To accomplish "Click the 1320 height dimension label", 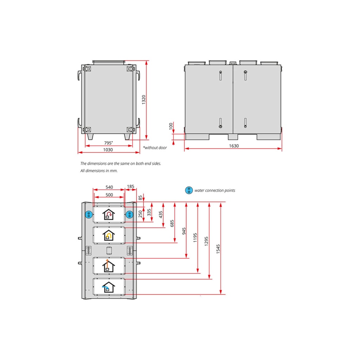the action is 144,100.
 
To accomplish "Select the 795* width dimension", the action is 108,143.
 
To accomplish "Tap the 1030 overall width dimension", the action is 108,150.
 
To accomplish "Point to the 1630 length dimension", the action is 234,146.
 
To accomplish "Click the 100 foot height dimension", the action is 171,126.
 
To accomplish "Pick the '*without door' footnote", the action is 155,148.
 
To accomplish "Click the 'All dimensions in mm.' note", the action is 99,171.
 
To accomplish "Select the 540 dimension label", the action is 109,187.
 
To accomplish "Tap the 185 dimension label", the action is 130,186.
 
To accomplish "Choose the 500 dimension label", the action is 109,195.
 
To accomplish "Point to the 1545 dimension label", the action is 218,249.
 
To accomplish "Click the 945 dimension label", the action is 184,231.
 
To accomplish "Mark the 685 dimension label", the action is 172,223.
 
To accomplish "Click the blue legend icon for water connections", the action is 189,190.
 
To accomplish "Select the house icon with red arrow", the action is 109,214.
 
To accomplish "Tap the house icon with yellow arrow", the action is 109,235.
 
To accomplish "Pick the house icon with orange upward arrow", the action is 108,266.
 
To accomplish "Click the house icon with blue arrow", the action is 108,287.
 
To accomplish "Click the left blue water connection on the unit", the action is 89,215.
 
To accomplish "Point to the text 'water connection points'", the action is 215,190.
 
